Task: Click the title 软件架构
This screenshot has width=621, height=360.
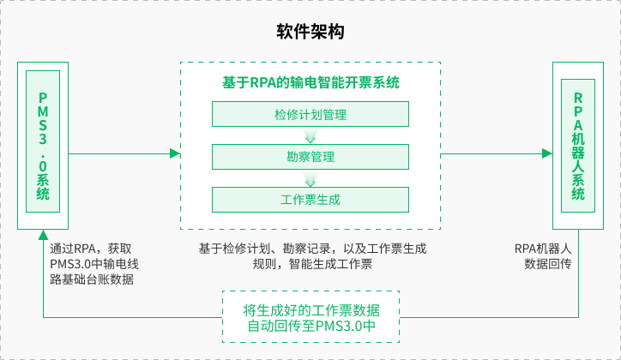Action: pyautogui.click(x=310, y=33)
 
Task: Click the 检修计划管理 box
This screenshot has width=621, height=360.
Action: pyautogui.click(x=310, y=115)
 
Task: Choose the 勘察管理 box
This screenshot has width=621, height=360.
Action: pyautogui.click(x=310, y=157)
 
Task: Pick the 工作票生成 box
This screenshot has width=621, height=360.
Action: pyautogui.click(x=310, y=200)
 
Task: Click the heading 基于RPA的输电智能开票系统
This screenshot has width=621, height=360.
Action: pyautogui.click(x=310, y=83)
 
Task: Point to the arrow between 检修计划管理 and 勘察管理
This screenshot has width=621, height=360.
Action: pyautogui.click(x=310, y=135)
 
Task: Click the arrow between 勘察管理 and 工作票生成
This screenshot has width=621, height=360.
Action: pyautogui.click(x=310, y=178)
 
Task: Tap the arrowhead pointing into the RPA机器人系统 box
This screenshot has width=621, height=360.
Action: pyautogui.click(x=546, y=154)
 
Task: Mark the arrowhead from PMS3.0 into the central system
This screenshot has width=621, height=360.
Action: pyautogui.click(x=175, y=154)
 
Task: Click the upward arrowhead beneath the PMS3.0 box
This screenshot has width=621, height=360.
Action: pyautogui.click(x=43, y=235)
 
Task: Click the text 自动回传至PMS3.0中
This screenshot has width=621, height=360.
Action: pyautogui.click(x=310, y=327)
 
